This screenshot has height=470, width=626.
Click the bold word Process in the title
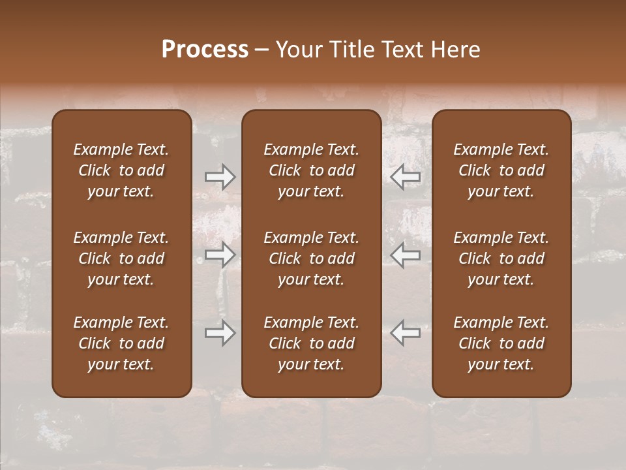pos(205,50)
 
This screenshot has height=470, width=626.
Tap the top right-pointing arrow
pos(220,176)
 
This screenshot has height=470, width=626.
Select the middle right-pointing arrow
pos(220,255)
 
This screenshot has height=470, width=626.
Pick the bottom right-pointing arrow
pos(220,333)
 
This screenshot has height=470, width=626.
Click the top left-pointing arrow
pos(406,176)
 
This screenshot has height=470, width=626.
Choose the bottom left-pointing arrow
pos(406,333)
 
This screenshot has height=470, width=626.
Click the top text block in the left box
pos(121,170)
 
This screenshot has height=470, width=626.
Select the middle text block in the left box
pos(121,258)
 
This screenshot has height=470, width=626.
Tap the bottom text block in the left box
pos(121,343)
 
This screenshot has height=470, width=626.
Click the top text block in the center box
pos(311,170)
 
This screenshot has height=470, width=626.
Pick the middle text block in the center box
pos(311,258)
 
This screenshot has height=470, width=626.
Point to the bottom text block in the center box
pos(311,343)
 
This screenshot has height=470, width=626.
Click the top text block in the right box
pos(501,170)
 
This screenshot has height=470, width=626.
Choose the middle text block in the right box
pos(501,258)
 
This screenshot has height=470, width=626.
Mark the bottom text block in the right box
pos(501,343)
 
